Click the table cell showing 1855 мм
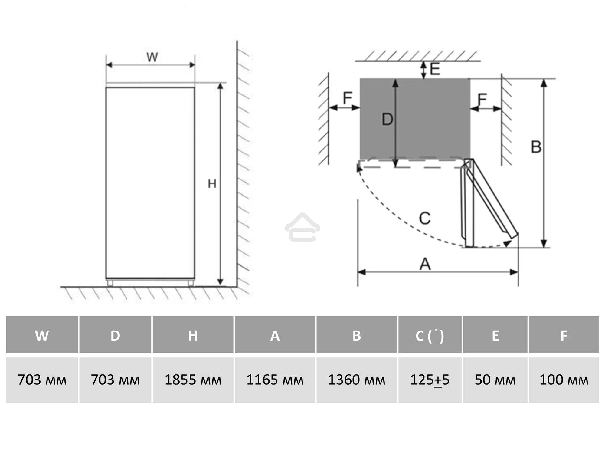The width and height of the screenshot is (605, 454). click(193, 380)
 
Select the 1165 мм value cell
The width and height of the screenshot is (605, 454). click(275, 380)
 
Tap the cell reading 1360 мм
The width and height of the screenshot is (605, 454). click(357, 380)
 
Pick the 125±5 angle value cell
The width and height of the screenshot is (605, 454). click(430, 380)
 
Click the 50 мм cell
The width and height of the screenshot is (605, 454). click(495, 380)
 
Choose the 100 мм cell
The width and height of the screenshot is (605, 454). click(564, 380)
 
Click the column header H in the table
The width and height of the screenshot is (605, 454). click(193, 335)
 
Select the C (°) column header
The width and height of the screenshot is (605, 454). click(430, 335)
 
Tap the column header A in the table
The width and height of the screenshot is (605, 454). click(275, 335)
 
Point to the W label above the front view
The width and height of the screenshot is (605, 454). click(152, 57)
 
